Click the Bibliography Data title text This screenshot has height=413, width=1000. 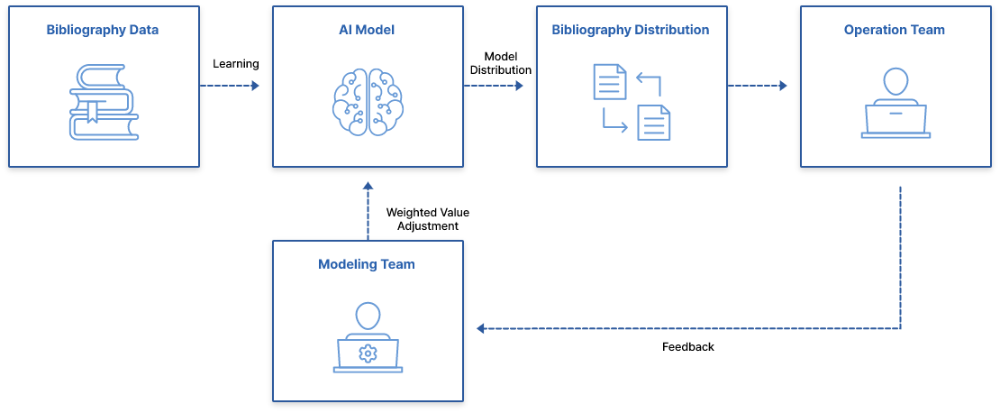(103, 30)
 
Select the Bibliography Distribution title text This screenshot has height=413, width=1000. (631, 30)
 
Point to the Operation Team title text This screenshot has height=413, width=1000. (895, 30)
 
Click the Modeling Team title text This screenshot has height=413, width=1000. (367, 264)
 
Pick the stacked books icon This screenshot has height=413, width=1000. (105, 102)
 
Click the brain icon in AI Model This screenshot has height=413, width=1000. (368, 102)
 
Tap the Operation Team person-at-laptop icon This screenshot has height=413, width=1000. (895, 105)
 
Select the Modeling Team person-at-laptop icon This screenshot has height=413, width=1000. (368, 338)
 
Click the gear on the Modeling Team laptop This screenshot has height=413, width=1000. (368, 353)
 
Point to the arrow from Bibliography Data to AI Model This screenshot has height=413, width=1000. (230, 86)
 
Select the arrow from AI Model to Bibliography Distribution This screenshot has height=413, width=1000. (494, 86)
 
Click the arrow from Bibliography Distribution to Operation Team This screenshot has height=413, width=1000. (758, 86)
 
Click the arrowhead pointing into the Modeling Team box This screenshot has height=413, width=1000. (481, 328)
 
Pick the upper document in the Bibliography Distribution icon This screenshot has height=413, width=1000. (610, 81)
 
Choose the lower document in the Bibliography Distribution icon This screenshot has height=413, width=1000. (654, 123)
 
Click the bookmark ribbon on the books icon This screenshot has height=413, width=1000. (92, 113)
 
